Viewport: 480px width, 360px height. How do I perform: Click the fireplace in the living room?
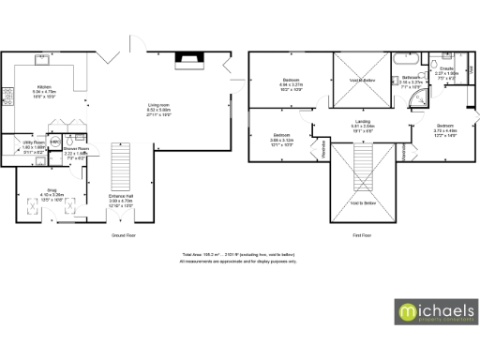(x=188, y=63)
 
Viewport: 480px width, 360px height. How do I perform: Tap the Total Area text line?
(x=240, y=254)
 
